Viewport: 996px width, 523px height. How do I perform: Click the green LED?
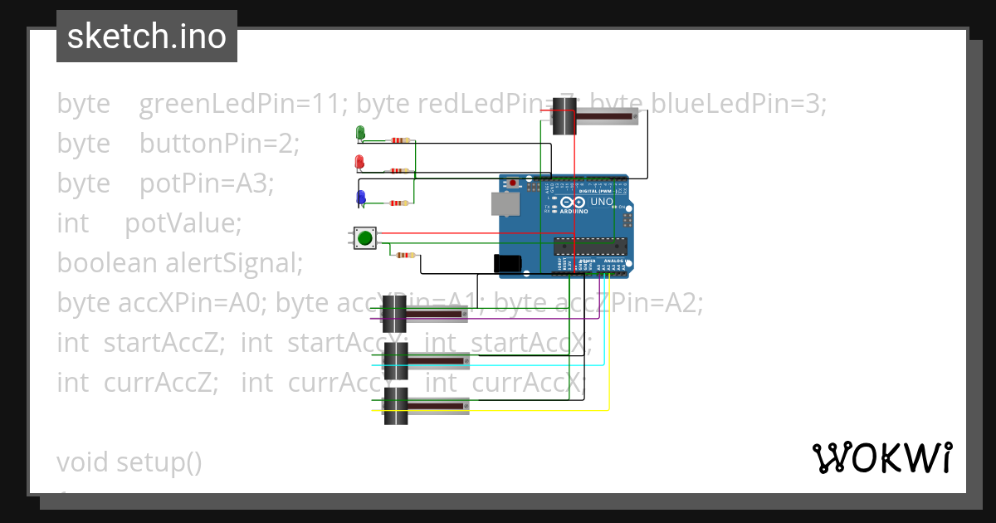360,132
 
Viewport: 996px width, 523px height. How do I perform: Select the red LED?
359,161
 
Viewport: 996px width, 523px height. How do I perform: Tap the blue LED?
360,197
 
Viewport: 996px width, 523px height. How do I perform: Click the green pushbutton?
364,238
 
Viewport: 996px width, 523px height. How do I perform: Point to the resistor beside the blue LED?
399,203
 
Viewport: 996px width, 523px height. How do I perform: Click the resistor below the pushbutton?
405,255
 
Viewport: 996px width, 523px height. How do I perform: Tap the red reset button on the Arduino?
514,183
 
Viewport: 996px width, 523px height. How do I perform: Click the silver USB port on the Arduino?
501,203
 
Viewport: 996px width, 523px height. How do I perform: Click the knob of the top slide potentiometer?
564,115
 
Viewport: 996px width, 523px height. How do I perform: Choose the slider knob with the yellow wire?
396,406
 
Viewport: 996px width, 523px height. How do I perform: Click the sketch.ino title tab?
147,37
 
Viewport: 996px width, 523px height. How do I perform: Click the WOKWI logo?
881,457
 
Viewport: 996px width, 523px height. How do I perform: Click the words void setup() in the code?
129,462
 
